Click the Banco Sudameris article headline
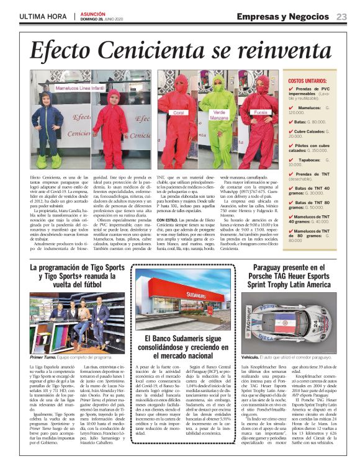(179, 349)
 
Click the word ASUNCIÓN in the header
(95, 13)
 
